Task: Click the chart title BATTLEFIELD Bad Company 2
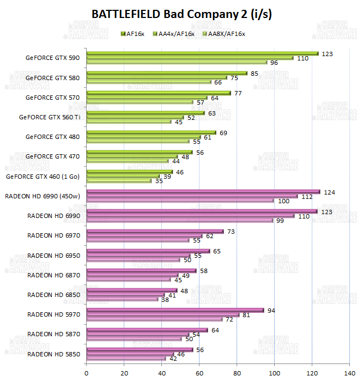(x=181, y=14)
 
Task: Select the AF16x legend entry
(x=135, y=34)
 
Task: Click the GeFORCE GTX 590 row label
(x=52, y=58)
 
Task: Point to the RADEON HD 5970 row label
(x=53, y=314)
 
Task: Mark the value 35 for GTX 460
(x=159, y=181)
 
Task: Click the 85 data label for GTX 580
(x=255, y=73)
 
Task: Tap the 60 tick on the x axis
(x=199, y=373)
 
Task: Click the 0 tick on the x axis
(x=87, y=373)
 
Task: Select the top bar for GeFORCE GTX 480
(x=151, y=132)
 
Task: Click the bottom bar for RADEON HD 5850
(x=126, y=359)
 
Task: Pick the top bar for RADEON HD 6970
(x=155, y=231)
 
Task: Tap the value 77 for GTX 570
(x=238, y=93)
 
